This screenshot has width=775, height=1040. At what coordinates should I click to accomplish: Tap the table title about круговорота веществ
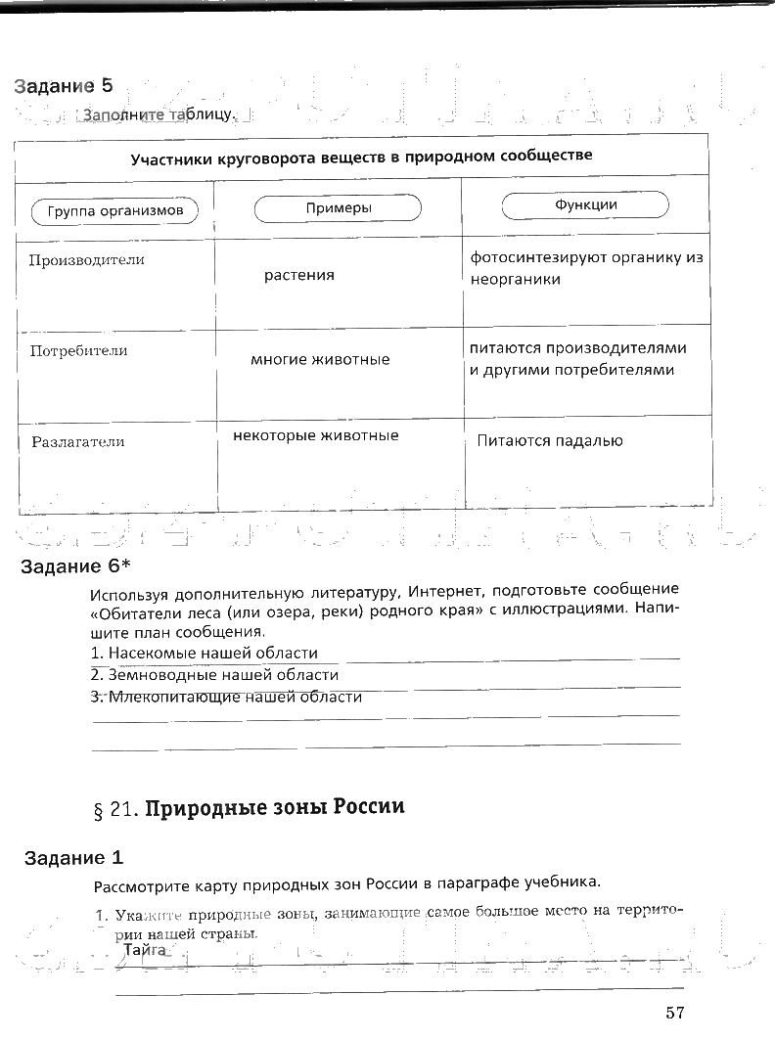click(x=361, y=156)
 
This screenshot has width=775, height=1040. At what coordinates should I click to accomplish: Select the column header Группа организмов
click(x=114, y=211)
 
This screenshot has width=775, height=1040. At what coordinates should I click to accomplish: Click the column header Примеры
click(x=338, y=208)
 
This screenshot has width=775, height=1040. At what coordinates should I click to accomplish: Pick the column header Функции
click(x=585, y=205)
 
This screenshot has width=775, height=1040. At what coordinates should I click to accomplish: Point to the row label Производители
click(x=86, y=260)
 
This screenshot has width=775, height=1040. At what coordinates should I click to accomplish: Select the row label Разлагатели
click(x=77, y=441)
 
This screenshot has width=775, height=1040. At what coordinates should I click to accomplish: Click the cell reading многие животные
click(x=320, y=359)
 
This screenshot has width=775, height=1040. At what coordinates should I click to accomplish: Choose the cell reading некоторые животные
click(x=315, y=435)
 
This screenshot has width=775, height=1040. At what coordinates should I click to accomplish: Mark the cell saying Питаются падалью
click(x=549, y=440)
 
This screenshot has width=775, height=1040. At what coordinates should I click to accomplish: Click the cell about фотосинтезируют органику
click(x=587, y=268)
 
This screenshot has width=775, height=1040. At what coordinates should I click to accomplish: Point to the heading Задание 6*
click(x=75, y=567)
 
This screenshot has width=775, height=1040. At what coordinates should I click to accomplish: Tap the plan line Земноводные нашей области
click(x=214, y=675)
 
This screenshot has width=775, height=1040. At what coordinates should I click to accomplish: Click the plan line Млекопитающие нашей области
click(x=226, y=698)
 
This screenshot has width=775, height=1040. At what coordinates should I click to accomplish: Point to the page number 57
click(x=673, y=1013)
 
